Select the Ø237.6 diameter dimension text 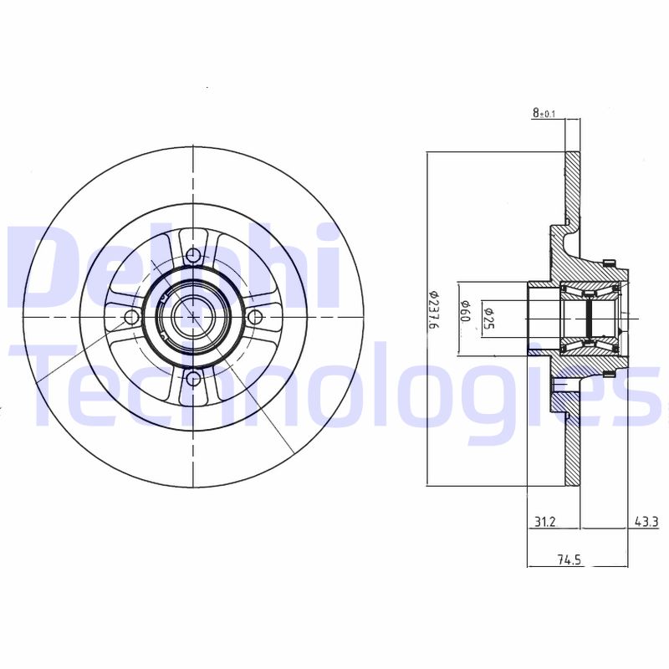coord(433,310)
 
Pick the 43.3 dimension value coord(646,522)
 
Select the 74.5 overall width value coord(569,561)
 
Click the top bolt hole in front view coord(193,255)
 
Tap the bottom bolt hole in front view coord(193,380)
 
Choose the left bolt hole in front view coord(131,317)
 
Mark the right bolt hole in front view coord(255,317)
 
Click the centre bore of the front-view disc coord(193,317)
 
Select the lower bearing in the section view coord(590,344)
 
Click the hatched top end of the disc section coord(573,180)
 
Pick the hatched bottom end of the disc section coord(573,456)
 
